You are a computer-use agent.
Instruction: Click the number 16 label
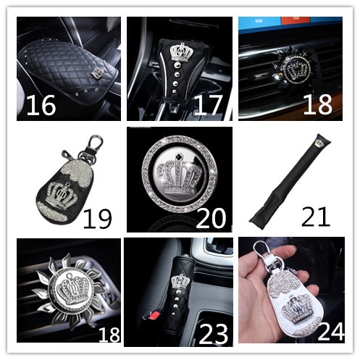pyautogui.click(x=41, y=105)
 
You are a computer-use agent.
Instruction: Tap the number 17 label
pyautogui.click(x=208, y=105)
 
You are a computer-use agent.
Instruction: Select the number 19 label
pyautogui.click(x=98, y=219)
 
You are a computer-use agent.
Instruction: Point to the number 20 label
pyautogui.click(x=211, y=218)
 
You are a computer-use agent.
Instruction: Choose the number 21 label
pyautogui.click(x=316, y=217)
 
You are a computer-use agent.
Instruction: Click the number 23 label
pyautogui.click(x=213, y=334)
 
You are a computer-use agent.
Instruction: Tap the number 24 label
pyautogui.click(x=331, y=331)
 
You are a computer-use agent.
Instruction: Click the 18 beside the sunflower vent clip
pyautogui.click(x=109, y=335)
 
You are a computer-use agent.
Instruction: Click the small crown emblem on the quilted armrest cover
pyautogui.click(x=97, y=72)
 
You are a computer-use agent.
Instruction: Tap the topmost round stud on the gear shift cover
pyautogui.click(x=177, y=65)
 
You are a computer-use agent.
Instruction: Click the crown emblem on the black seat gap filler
pyautogui.click(x=319, y=143)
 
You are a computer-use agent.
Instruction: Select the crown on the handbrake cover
pyautogui.click(x=180, y=281)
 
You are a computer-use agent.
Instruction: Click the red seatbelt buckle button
pyautogui.click(x=151, y=314)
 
